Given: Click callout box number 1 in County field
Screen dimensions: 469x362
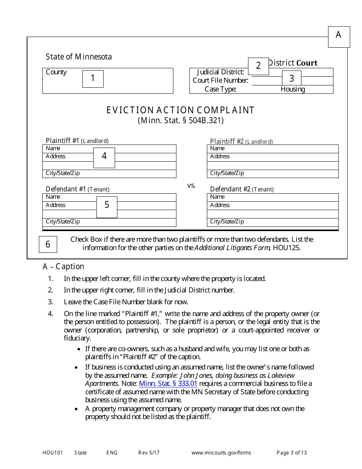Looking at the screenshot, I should (x=93, y=79).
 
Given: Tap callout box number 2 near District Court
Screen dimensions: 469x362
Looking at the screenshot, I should (x=258, y=66).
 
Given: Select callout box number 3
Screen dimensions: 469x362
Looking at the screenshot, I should (x=292, y=79).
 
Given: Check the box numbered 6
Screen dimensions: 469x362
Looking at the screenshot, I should (x=48, y=244).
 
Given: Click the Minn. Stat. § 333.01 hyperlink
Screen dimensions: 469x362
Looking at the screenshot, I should (x=168, y=384).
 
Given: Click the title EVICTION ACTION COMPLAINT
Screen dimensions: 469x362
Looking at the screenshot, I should (x=180, y=110).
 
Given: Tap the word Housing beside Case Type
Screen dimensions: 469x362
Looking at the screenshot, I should (x=293, y=89).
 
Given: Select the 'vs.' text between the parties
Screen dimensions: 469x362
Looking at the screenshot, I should (x=191, y=185).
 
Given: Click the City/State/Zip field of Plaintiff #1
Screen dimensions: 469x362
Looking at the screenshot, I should (x=109, y=173).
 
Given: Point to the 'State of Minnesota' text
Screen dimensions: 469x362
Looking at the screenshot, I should (x=79, y=57).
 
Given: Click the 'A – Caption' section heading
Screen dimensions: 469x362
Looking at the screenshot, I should (x=63, y=267).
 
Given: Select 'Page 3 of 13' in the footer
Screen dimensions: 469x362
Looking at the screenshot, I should (x=292, y=453).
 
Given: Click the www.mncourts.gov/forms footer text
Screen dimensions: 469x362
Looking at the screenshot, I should (x=221, y=453).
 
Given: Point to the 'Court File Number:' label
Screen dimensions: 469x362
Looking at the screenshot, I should (x=220, y=80).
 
